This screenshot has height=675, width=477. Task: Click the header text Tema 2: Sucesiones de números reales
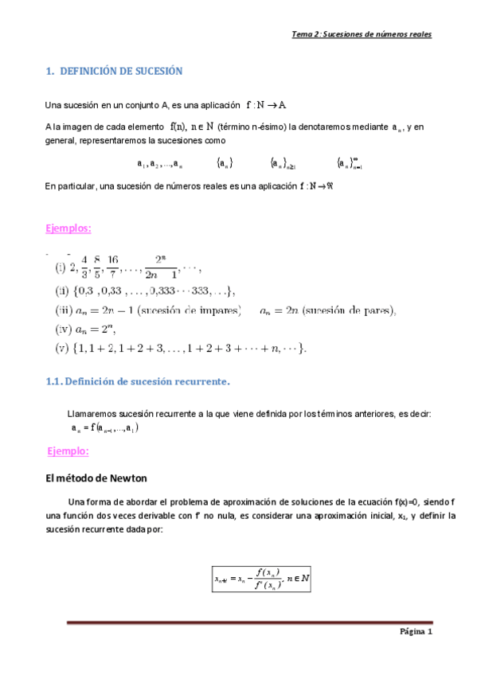[x=362, y=35]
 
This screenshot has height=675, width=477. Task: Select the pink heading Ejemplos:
[x=68, y=228]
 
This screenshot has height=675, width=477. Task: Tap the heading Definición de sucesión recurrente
[x=147, y=382]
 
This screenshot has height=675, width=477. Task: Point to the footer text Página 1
[x=415, y=632]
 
